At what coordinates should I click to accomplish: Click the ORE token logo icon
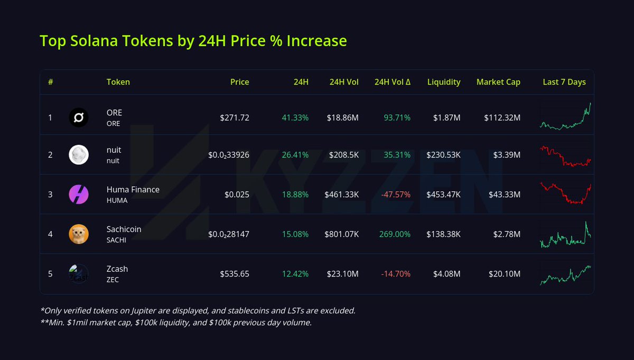(x=79, y=117)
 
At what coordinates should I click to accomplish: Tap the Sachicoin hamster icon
(x=79, y=234)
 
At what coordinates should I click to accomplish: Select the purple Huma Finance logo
(x=79, y=195)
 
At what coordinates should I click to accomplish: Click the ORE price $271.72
(x=235, y=117)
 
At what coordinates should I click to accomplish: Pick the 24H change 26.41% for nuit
(x=295, y=155)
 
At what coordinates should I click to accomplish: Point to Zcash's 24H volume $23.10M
(x=341, y=274)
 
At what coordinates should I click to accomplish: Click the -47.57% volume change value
(x=396, y=195)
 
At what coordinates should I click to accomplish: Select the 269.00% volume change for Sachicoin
(x=395, y=234)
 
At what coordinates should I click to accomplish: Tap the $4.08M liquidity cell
(x=445, y=274)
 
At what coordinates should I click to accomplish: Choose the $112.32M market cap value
(x=502, y=117)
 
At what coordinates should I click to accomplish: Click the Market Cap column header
(x=498, y=82)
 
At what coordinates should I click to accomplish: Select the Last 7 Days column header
(x=564, y=82)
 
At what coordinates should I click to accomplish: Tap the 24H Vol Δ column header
(x=393, y=82)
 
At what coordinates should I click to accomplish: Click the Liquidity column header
(x=444, y=82)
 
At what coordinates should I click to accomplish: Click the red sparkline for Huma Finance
(x=565, y=193)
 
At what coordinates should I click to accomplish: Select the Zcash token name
(x=117, y=269)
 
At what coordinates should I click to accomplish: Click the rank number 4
(x=50, y=234)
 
